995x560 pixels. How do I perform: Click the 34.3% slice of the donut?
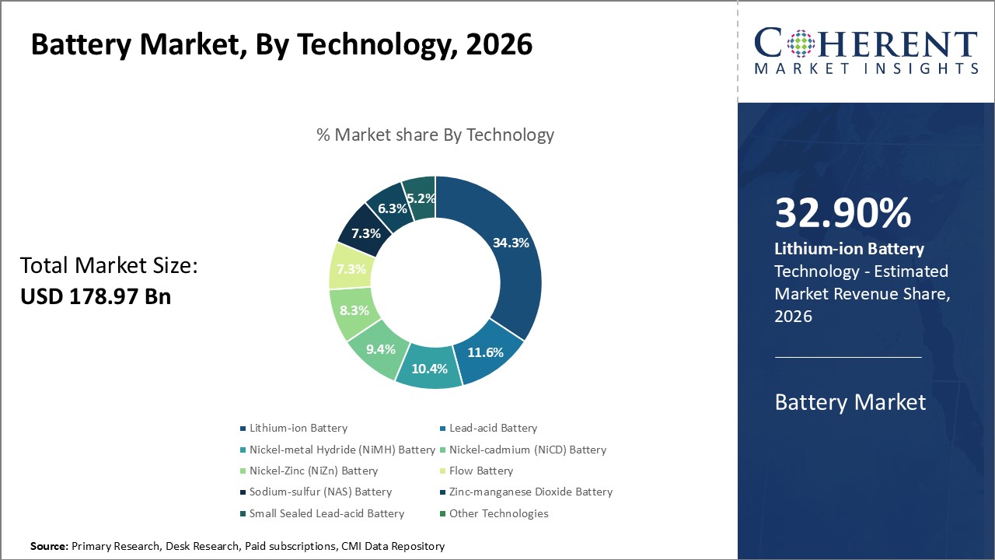click(511, 243)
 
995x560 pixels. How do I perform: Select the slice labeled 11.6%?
click(486, 352)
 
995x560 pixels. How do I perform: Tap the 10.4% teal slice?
click(429, 369)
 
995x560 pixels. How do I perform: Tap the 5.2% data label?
click(421, 198)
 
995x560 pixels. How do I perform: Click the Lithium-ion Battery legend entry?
click(298, 428)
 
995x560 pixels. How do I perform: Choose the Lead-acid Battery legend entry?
click(493, 428)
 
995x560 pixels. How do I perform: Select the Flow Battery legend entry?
click(481, 471)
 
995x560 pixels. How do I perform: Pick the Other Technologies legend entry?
click(498, 513)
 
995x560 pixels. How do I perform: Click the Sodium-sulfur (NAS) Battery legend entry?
click(320, 492)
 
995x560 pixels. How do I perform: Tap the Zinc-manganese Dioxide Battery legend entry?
click(531, 492)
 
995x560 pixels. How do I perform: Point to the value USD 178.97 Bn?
click(95, 296)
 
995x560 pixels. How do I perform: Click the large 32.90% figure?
click(843, 213)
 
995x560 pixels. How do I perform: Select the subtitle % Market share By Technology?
click(435, 135)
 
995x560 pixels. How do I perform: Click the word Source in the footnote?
click(49, 547)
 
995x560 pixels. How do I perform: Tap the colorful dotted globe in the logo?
click(801, 44)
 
